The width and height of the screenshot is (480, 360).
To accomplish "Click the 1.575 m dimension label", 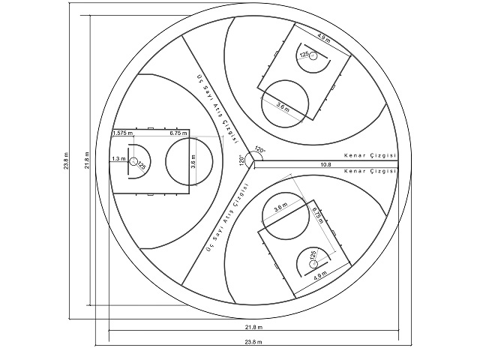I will (x=124, y=133).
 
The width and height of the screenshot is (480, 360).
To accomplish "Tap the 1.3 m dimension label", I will (x=118, y=159).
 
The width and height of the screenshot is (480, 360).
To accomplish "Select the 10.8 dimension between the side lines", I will (x=325, y=163).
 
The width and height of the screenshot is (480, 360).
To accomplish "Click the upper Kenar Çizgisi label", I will (x=369, y=155).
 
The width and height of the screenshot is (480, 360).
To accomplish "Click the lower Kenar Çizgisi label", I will (x=369, y=172).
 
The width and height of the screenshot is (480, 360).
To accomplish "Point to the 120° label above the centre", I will (x=259, y=148).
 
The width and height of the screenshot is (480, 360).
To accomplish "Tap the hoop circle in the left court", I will (x=132, y=161).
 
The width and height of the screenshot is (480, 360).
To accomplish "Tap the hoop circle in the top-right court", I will (x=313, y=55).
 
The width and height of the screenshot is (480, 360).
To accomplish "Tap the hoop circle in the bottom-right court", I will (x=313, y=264).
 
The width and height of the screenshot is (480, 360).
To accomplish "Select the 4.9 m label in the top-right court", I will (x=322, y=36).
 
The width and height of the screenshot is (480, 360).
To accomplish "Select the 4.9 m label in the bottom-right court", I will (x=321, y=277).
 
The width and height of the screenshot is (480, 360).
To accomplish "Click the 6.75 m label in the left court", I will (x=178, y=133).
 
